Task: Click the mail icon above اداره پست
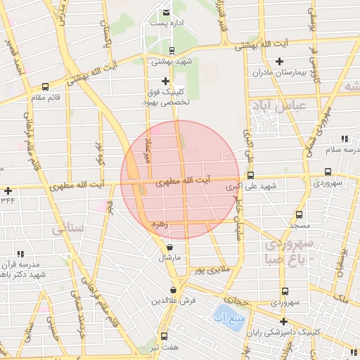(x=166, y=13)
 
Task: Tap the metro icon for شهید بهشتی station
(x=172, y=51)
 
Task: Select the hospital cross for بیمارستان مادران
(x=281, y=62)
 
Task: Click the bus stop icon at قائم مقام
(x=46, y=86)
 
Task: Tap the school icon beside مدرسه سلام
(x=344, y=139)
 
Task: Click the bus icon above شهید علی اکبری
(x=250, y=176)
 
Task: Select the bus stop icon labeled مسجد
(x=300, y=214)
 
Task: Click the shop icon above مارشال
(x=170, y=247)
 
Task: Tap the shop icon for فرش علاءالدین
(x=173, y=290)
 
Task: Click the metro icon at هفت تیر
(x=164, y=336)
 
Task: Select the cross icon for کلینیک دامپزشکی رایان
(x=283, y=321)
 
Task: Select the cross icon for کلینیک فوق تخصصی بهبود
(x=166, y=81)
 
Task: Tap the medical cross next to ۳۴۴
(x=7, y=191)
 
